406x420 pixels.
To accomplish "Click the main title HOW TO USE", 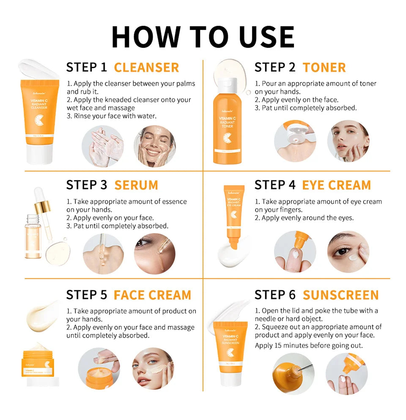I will click(x=203, y=37).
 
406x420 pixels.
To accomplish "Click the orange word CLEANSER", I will click(x=146, y=68).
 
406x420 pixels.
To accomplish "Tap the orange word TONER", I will click(x=324, y=68).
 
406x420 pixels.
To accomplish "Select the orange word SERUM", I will click(x=136, y=185).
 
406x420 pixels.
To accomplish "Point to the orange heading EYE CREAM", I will click(x=336, y=185).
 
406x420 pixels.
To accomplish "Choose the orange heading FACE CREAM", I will click(x=152, y=295).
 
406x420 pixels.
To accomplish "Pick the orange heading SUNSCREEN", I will click(x=340, y=295).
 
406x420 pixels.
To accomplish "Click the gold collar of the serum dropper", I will click(x=43, y=207).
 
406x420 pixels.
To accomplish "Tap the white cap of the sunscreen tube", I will click(x=230, y=378).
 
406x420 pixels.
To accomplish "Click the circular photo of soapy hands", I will click(x=103, y=146).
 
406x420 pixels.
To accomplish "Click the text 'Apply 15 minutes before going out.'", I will click(x=309, y=346).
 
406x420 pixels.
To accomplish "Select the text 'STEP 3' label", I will click(x=87, y=185).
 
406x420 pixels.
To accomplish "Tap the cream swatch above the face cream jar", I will click(x=43, y=315).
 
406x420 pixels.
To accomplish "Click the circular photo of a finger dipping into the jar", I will click(x=99, y=368).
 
